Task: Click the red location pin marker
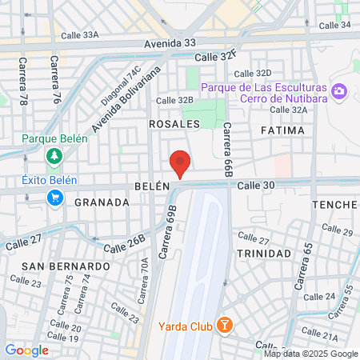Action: [180, 162]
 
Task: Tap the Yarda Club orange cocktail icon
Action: [226, 325]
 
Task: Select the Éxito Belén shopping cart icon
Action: [54, 198]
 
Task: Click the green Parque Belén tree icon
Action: [54, 155]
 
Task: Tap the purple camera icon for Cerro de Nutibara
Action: [339, 93]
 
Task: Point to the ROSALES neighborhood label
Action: [174, 125]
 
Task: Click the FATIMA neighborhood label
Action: [282, 130]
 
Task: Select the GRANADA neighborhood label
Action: [102, 202]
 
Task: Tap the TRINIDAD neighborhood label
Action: [264, 253]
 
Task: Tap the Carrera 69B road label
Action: [167, 236]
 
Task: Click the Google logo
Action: [26, 350]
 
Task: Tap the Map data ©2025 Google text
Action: [311, 354]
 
